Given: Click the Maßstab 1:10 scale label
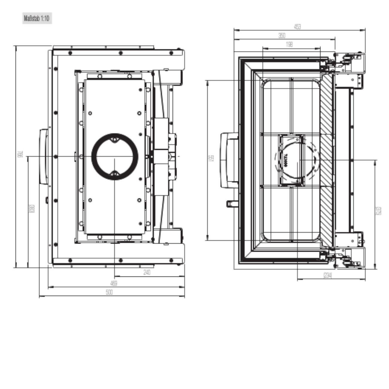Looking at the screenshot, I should point(37,19).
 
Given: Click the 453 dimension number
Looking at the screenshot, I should point(297,27).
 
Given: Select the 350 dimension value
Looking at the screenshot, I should point(282,36).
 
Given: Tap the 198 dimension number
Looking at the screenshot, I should point(289,44).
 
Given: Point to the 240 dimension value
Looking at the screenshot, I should point(147,272).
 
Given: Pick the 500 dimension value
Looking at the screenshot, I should point(110,292).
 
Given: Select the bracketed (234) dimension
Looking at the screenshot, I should point(328,276).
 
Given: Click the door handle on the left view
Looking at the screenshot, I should point(44,156).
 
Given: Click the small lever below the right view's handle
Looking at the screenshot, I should point(231,203).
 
